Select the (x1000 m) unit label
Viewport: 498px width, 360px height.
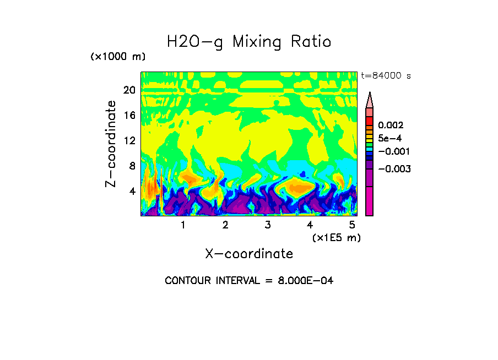(x=117, y=57)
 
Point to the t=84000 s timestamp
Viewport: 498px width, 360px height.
(x=386, y=76)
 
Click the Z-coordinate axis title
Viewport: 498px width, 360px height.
(x=111, y=144)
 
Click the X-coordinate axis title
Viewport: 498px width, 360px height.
(x=249, y=254)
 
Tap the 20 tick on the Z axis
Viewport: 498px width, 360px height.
(x=129, y=90)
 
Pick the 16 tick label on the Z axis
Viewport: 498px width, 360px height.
(x=129, y=116)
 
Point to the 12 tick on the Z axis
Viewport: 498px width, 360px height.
(x=129, y=140)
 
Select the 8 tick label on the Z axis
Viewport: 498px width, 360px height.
(x=132, y=166)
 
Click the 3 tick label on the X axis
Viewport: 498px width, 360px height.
(x=267, y=225)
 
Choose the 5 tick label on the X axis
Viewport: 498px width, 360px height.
(x=351, y=225)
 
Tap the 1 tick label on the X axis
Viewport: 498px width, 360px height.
(x=183, y=225)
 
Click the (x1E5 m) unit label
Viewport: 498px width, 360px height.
(x=336, y=237)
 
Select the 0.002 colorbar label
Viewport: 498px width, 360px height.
(x=391, y=126)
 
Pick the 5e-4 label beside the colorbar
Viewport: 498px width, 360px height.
(x=389, y=138)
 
